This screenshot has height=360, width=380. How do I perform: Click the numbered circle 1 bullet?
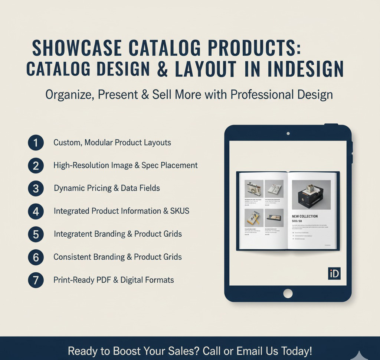(x=36, y=143)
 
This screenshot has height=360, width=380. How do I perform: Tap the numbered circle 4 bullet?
(x=36, y=211)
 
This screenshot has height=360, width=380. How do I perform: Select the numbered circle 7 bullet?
(x=36, y=280)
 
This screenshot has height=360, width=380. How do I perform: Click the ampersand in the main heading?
(x=163, y=69)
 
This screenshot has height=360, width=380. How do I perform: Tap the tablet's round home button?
(x=288, y=293)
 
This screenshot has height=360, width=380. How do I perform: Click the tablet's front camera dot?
(x=288, y=133)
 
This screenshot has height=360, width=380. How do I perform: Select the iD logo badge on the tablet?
(x=334, y=273)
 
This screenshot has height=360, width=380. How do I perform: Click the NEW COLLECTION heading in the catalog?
(x=305, y=216)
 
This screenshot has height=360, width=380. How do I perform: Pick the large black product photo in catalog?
(x=311, y=195)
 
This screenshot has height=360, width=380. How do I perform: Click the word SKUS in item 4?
(x=180, y=211)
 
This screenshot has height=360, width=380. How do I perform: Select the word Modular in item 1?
(x=98, y=143)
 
